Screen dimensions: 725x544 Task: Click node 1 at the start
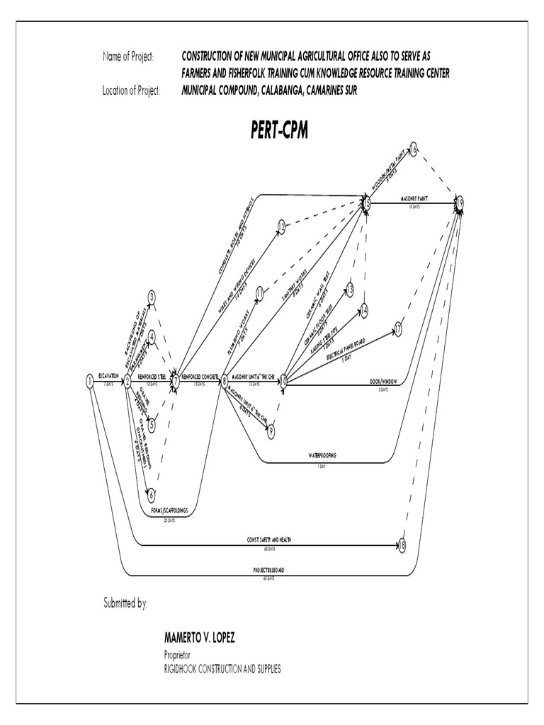(89, 381)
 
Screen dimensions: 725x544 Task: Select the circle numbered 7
(176, 382)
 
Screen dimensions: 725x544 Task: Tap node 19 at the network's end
(460, 203)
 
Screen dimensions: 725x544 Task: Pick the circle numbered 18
(402, 545)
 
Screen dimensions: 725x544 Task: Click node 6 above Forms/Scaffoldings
(151, 496)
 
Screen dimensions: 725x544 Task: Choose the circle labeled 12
(281, 227)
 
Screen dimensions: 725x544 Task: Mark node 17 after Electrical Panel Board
(398, 329)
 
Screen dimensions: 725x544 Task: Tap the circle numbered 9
(270, 427)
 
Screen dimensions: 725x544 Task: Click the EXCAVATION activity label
(108, 376)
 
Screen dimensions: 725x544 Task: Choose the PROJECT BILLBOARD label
(268, 570)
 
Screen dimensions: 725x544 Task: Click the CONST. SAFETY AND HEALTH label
(270, 540)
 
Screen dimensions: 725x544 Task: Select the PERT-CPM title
(279, 130)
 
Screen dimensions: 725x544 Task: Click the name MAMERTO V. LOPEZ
(199, 638)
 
